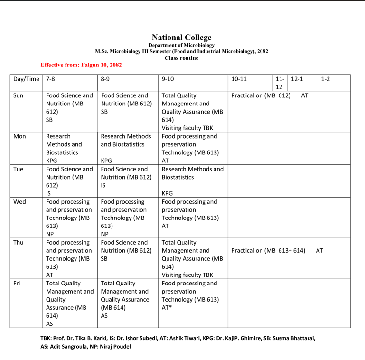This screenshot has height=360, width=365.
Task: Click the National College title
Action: [181, 38]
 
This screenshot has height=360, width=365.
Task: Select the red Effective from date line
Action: [81, 65]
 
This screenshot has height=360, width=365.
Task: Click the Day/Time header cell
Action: [26, 79]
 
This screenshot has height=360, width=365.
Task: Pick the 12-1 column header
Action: [297, 79]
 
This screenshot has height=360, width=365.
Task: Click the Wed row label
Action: [19, 202]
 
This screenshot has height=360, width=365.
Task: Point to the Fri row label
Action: [18, 284]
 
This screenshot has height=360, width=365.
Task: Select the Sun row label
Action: [19, 95]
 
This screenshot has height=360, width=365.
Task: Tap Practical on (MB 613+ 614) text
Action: [268, 250]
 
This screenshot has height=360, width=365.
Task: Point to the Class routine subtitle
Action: [181, 58]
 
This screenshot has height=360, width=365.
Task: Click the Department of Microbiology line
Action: [181, 45]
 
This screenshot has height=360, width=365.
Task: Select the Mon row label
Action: [20, 136]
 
